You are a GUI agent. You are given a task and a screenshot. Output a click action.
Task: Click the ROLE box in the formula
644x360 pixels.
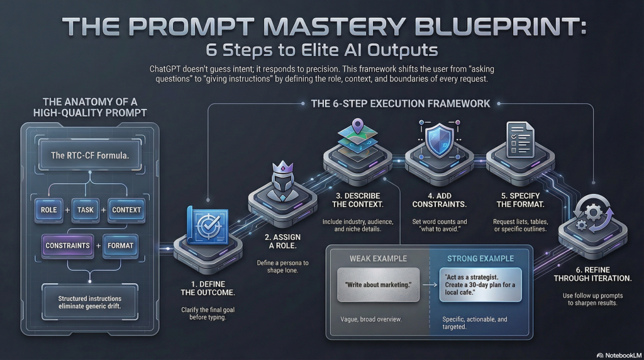[x=48, y=209]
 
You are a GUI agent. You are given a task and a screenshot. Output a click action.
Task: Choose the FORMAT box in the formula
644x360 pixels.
[x=119, y=245]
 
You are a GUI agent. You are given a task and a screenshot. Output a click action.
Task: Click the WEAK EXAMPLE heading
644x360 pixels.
[x=378, y=258]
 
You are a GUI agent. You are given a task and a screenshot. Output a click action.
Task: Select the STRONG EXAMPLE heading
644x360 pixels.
[x=480, y=258]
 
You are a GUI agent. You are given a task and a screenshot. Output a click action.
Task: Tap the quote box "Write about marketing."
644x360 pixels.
[x=378, y=285]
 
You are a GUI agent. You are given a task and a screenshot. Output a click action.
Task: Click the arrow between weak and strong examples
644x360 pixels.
[x=429, y=285]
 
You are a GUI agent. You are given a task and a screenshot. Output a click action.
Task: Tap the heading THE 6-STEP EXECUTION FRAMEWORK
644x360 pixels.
[x=401, y=103]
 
